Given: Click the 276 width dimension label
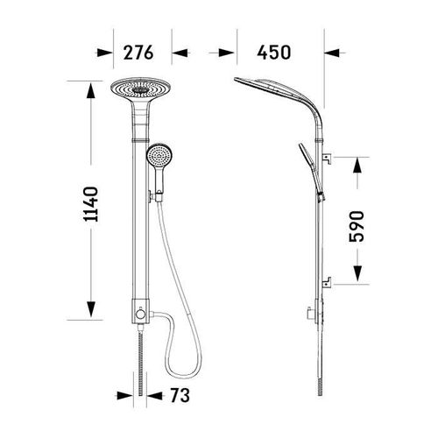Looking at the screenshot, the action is point(138,53).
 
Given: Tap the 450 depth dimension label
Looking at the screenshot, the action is point(274,53).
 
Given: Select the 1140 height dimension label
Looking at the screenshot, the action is point(90,204).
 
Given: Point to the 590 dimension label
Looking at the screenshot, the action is point(357,226).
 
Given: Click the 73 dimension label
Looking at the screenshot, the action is point(180,395).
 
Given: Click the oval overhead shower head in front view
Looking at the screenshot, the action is point(140,88).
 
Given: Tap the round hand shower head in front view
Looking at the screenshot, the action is point(159,155).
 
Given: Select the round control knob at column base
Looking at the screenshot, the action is point(140,314).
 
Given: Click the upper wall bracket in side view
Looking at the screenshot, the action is point(327,159).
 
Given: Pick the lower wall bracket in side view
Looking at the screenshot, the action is point(327,282).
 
